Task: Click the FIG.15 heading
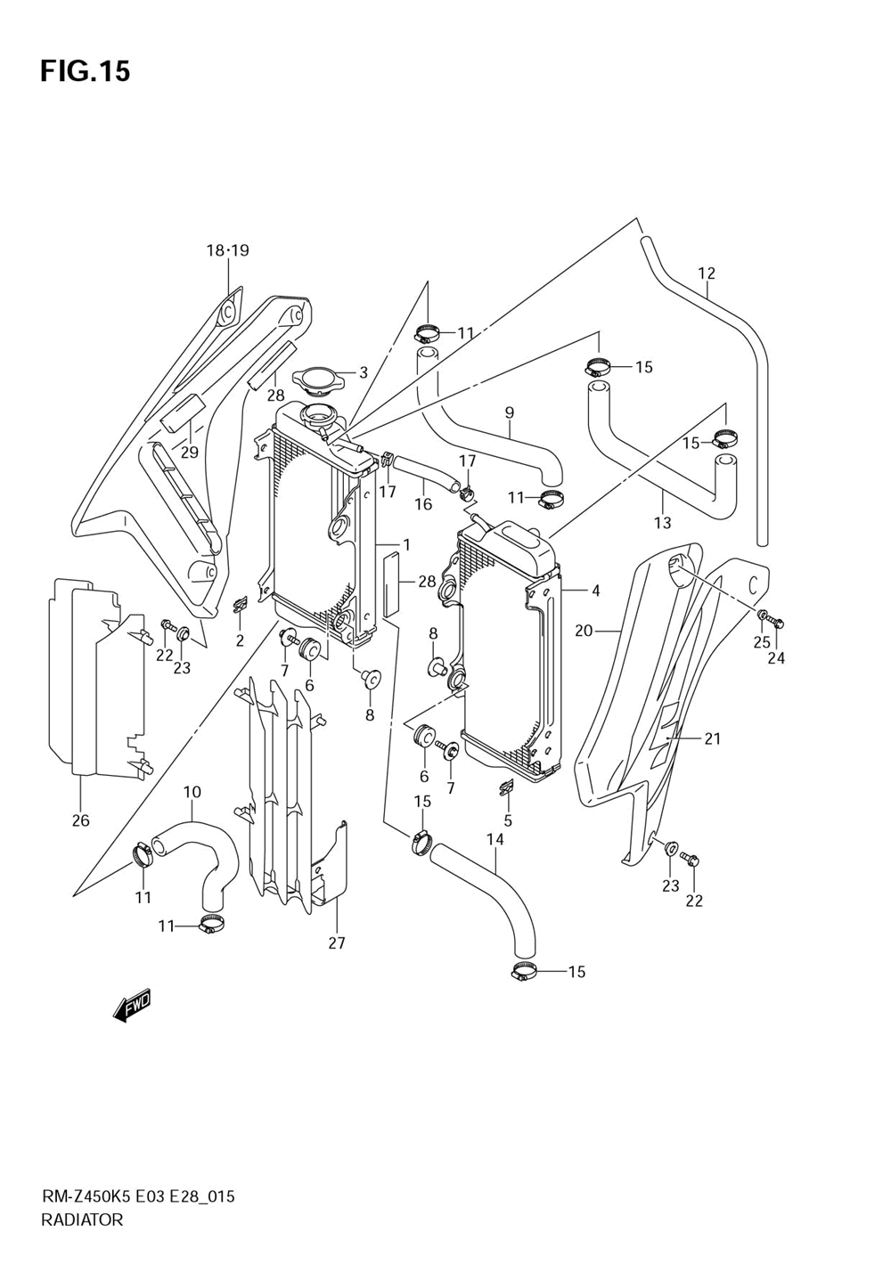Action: coord(86,71)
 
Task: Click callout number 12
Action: coord(707,273)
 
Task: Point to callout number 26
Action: coord(81,820)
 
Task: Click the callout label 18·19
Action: coord(227,250)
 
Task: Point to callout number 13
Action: coord(663,523)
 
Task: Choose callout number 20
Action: coord(584,631)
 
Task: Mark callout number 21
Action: coord(712,738)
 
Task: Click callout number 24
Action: coord(776,658)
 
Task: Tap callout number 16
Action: coord(423,504)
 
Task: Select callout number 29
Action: coord(190,452)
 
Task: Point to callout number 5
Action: coord(508,820)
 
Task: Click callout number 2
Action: coord(240,640)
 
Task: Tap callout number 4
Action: coord(595,591)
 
